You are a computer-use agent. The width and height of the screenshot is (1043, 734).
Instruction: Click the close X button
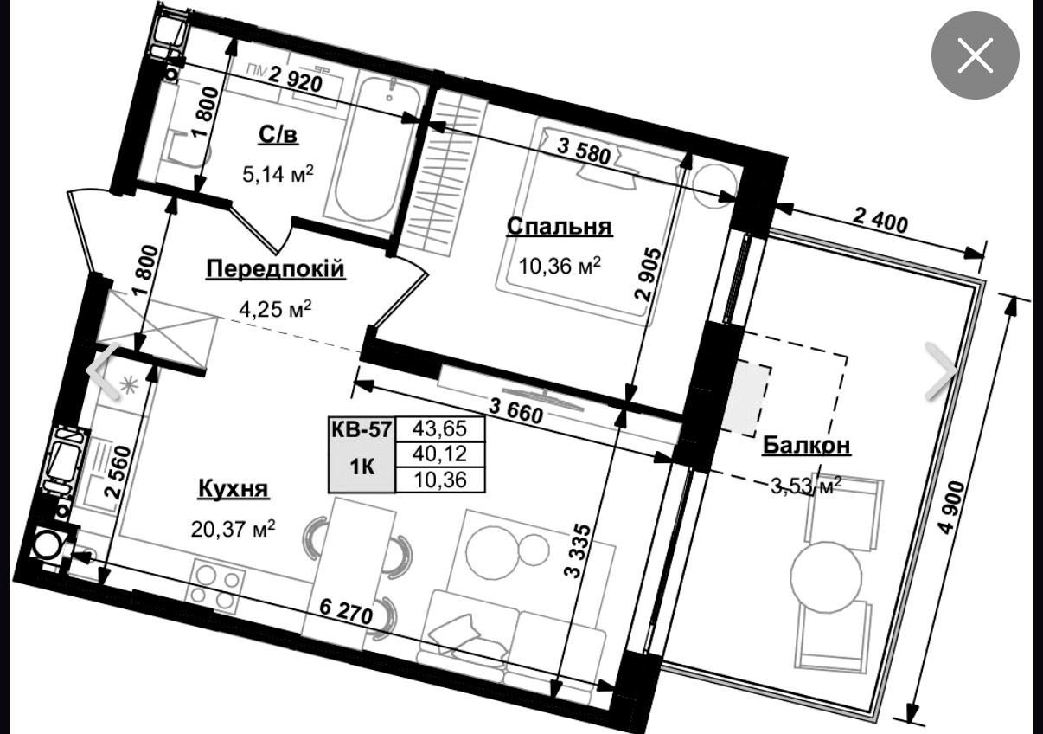[x=975, y=55]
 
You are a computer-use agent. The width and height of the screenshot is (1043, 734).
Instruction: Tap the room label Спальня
[x=560, y=227]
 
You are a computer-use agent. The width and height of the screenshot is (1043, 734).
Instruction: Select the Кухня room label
[x=234, y=489]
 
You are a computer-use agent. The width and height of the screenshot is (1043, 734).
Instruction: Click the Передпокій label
[x=275, y=269]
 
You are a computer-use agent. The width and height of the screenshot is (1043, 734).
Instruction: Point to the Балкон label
[x=806, y=445]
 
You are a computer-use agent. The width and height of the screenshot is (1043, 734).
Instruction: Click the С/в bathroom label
[x=278, y=135]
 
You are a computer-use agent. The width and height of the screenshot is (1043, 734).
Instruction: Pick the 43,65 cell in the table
[x=439, y=428]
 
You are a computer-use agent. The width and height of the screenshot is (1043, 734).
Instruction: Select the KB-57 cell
[x=362, y=428]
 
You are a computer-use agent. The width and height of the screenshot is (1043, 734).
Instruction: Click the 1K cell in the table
[x=362, y=467]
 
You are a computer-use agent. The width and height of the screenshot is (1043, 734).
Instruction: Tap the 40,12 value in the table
[x=439, y=454]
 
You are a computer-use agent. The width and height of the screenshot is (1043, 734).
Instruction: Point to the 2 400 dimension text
[x=880, y=223]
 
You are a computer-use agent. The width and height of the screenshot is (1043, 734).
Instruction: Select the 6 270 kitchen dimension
[x=347, y=613]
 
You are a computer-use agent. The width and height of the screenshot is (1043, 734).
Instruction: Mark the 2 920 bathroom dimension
[x=295, y=80]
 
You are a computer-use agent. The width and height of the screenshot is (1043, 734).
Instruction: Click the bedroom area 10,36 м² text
[x=560, y=267]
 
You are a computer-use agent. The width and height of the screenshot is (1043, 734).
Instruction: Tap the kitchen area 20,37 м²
[x=234, y=529]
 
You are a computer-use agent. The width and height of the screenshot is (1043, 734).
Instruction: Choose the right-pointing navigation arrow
[x=941, y=371]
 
